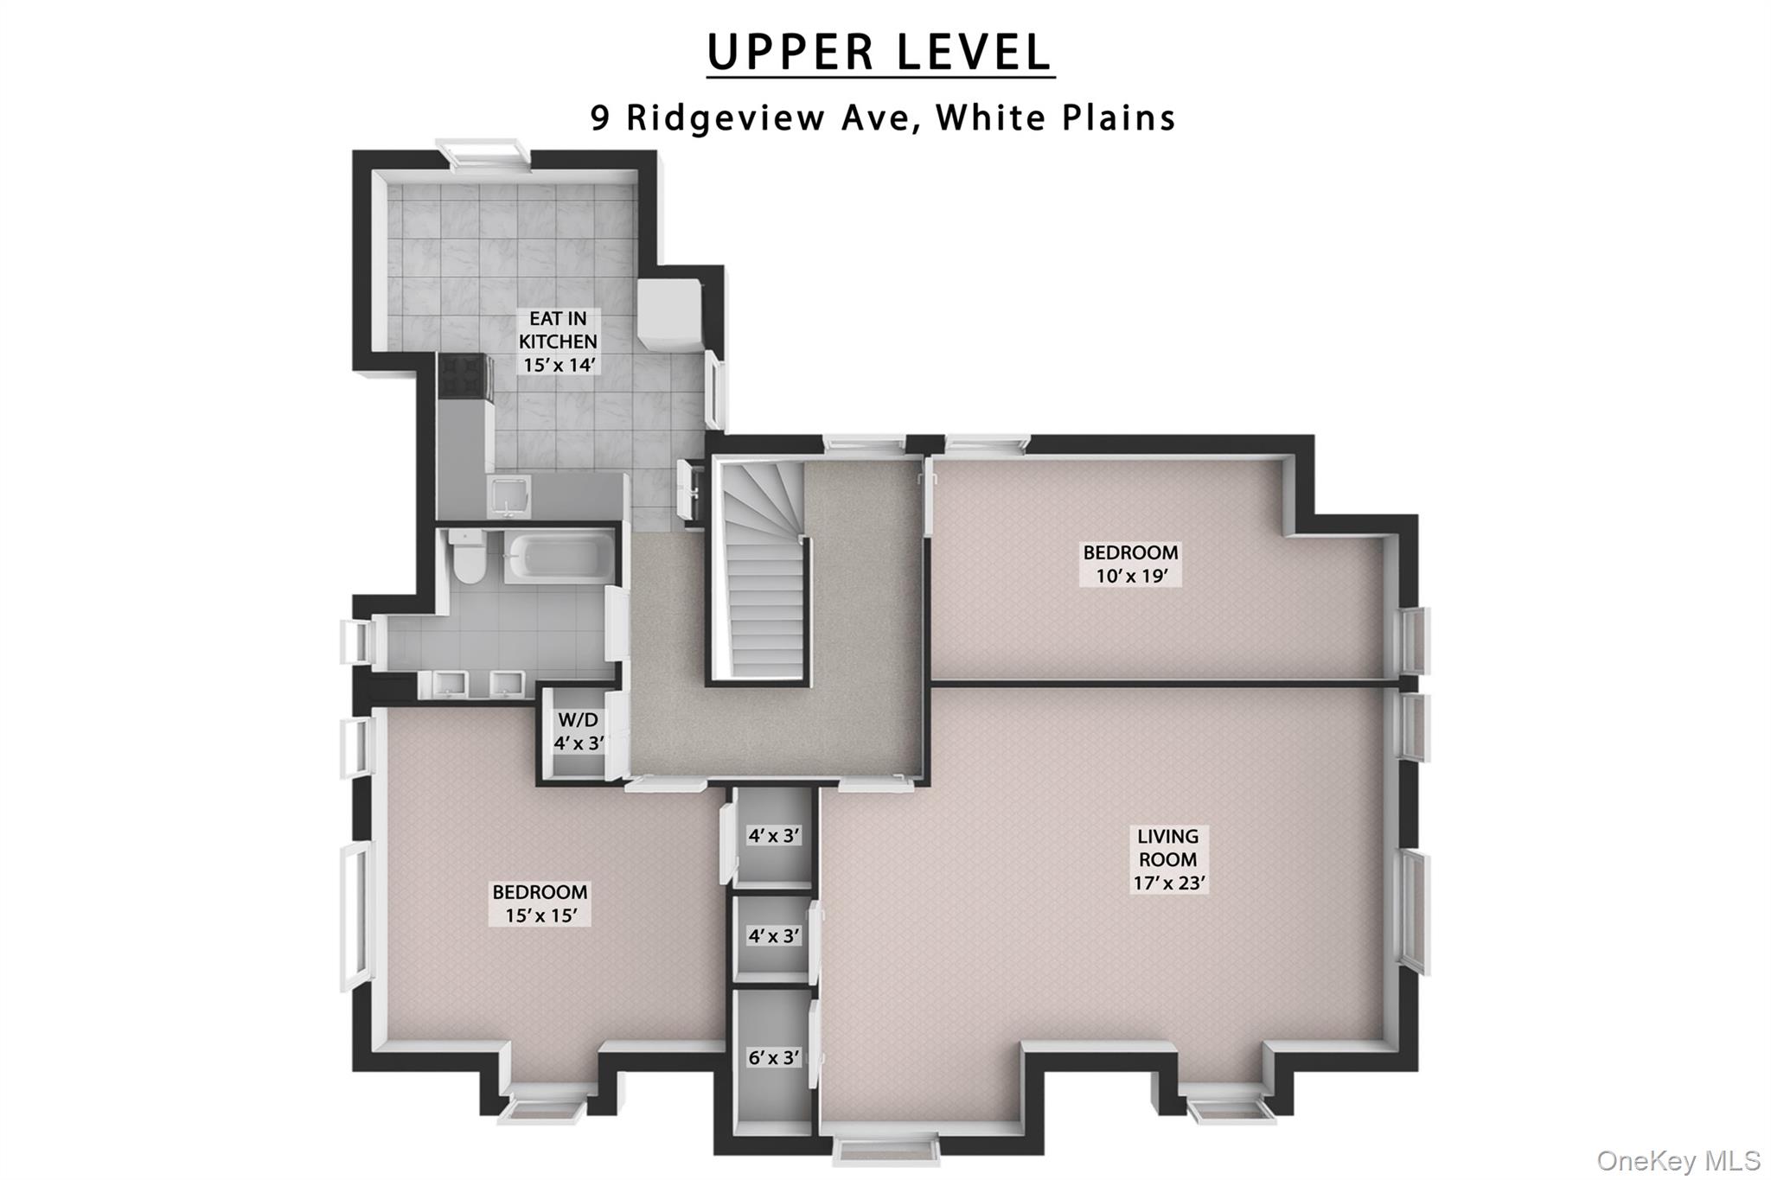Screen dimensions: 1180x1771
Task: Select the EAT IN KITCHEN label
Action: click(559, 341)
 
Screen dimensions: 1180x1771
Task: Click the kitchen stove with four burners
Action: click(464, 376)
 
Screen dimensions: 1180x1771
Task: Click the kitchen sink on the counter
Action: click(504, 496)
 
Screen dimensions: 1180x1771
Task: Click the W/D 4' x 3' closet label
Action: click(578, 731)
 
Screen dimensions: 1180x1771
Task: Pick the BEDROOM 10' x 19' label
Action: click(1130, 564)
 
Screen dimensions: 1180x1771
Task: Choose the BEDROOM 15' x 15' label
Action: click(540, 903)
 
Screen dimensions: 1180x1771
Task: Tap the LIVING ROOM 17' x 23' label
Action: click(1168, 859)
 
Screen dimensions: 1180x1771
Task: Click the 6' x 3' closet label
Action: click(774, 1057)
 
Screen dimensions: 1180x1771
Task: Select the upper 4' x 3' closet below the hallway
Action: click(774, 836)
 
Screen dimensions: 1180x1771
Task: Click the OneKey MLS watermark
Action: click(1678, 1160)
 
